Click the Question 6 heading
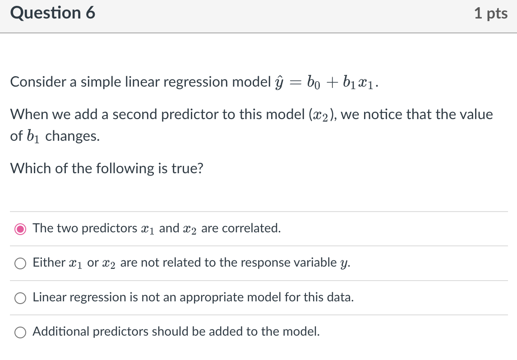52,13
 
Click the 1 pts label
491,14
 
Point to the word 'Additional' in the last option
61,332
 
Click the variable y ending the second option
345,264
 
